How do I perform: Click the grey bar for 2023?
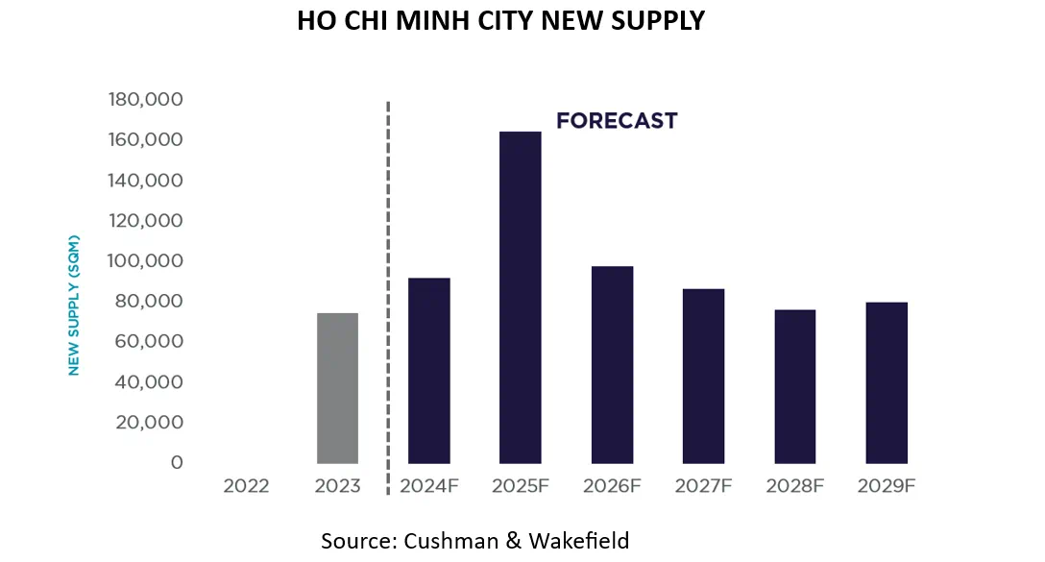(x=337, y=388)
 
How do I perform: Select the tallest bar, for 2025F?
(x=520, y=298)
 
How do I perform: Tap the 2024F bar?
(x=428, y=371)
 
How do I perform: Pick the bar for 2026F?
(x=612, y=365)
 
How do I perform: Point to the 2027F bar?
(x=703, y=376)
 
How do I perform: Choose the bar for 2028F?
(x=794, y=386)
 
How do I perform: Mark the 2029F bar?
(x=886, y=382)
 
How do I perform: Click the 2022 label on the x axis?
(x=246, y=486)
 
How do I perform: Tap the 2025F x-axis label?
(x=520, y=486)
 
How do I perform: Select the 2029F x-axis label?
(x=886, y=486)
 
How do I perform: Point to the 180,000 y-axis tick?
(x=146, y=100)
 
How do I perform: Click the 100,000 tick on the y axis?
(x=146, y=261)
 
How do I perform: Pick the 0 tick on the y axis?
(x=176, y=463)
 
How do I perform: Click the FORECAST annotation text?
(x=617, y=121)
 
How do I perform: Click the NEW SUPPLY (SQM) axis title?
(x=74, y=305)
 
